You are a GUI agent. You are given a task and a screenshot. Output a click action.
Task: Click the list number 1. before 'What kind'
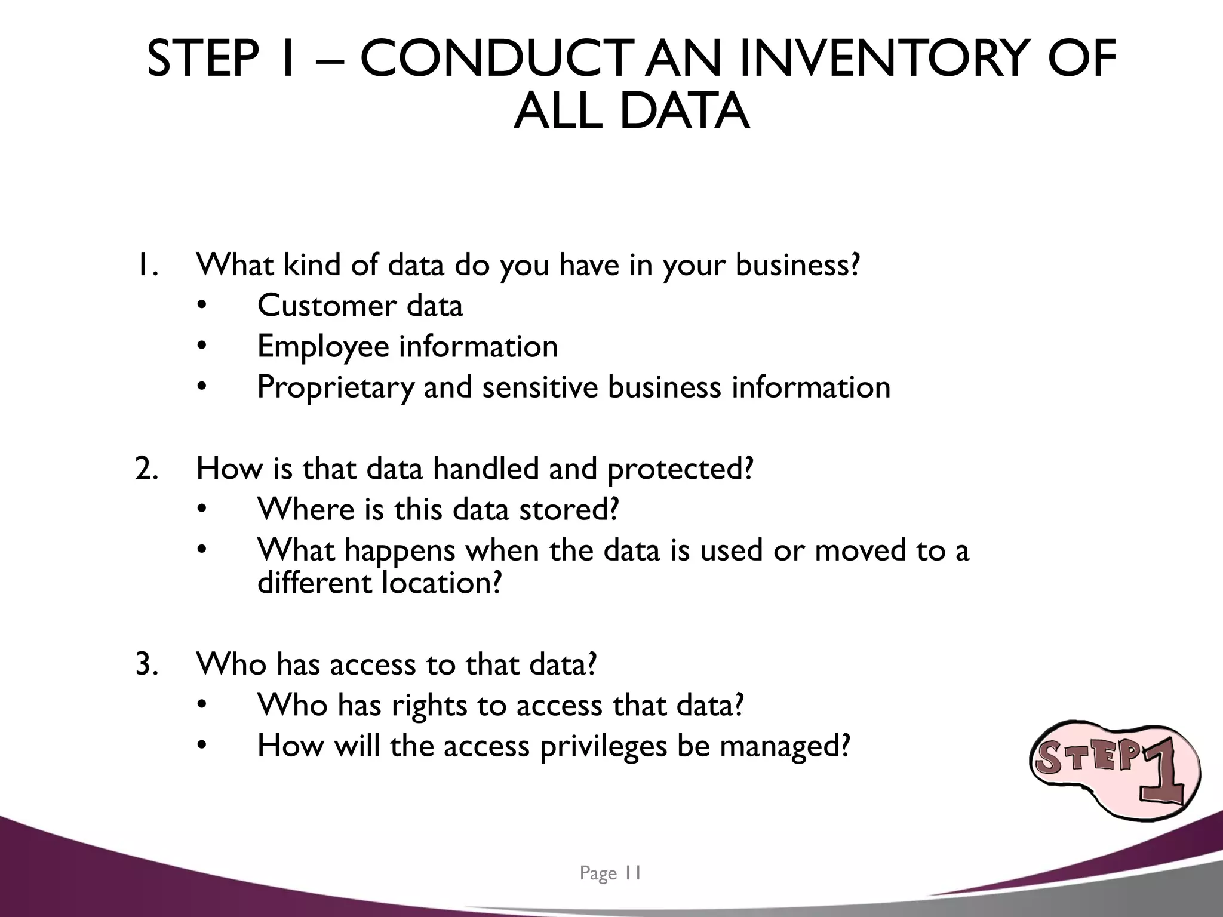pos(147,265)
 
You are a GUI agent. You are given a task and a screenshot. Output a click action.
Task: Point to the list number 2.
pos(147,469)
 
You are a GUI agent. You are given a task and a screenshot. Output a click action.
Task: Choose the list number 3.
pos(147,664)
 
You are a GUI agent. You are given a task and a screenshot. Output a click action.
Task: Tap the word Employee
pos(323,346)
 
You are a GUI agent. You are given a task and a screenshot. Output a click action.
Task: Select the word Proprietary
pos(335,387)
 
